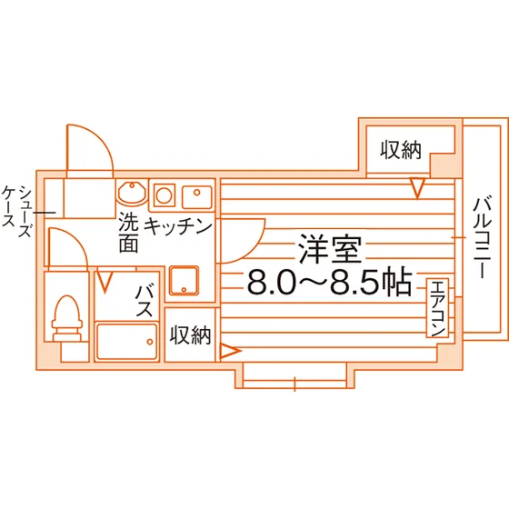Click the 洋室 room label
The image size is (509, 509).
[330, 249]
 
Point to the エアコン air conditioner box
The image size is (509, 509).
[437, 308]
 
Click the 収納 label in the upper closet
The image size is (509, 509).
[401, 150]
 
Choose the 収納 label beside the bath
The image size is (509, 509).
[191, 335]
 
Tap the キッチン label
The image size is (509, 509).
[178, 226]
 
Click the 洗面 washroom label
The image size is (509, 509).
[128, 233]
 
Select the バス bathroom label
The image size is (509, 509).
[145, 301]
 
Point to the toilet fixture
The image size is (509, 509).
[67, 318]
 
